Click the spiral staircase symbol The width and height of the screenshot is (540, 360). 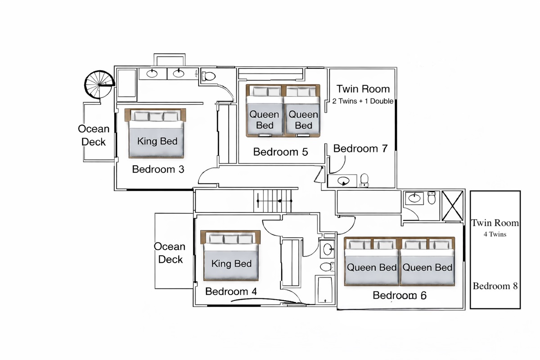[x=99, y=84]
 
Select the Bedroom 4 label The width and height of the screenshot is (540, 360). [x=231, y=292]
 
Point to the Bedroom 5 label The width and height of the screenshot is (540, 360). [x=280, y=152]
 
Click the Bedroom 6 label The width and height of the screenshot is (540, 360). [x=400, y=296]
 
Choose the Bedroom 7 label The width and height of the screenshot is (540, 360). [x=360, y=148]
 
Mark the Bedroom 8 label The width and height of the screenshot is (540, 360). [x=495, y=286]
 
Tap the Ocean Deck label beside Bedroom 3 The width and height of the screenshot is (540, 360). [x=94, y=135]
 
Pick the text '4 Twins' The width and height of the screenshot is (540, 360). [x=495, y=234]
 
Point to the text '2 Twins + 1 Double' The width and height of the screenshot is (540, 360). [x=363, y=101]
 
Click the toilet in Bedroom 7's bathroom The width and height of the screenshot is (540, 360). [x=364, y=180]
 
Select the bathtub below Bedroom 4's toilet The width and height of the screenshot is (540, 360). [x=324, y=291]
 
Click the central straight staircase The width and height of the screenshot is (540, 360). [x=273, y=201]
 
